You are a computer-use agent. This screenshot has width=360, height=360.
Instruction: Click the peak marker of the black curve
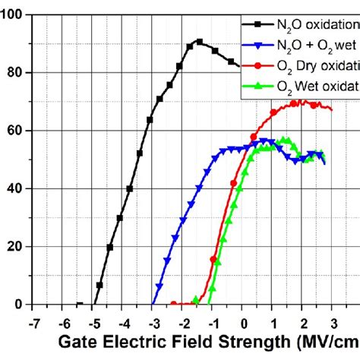[x=200, y=42]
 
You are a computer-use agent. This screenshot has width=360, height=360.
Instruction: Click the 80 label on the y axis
[x=16, y=72]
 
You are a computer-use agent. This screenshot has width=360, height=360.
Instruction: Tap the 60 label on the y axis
[x=16, y=131]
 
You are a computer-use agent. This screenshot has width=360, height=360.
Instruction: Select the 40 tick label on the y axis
[x=16, y=188]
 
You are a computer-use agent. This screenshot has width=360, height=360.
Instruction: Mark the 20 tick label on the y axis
[x=16, y=246]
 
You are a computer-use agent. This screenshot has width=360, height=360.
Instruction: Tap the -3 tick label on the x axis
[x=152, y=323]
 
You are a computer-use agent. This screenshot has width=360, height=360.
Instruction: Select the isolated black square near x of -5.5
[x=80, y=304]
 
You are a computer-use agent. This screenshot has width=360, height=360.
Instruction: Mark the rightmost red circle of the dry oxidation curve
[x=330, y=108]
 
